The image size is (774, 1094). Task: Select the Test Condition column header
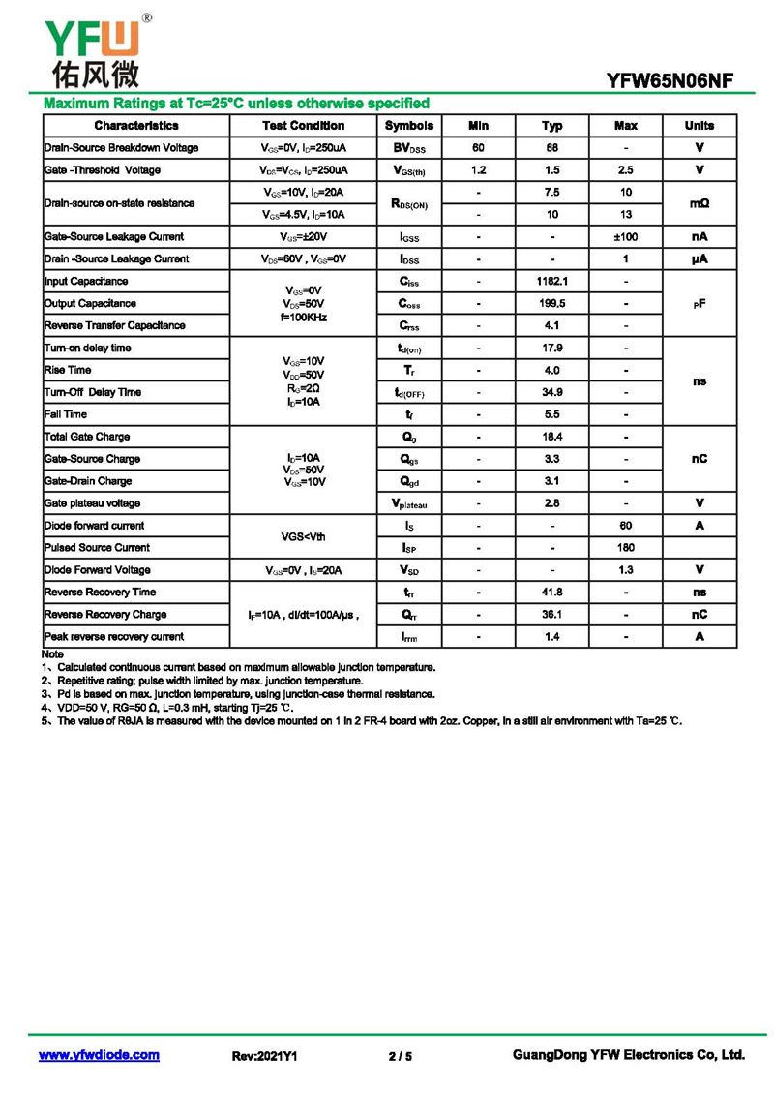click(303, 126)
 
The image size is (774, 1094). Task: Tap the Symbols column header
click(409, 126)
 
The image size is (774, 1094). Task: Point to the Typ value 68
click(552, 148)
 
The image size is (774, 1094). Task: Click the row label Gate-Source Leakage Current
click(113, 237)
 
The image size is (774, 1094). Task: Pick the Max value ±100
click(626, 237)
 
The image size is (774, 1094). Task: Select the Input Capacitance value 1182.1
click(552, 282)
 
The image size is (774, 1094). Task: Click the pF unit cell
click(700, 304)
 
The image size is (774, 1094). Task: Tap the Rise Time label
click(68, 370)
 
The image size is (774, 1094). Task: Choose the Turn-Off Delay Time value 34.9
click(552, 392)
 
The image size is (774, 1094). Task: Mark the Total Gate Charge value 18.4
click(552, 437)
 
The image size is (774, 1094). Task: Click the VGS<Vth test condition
click(303, 536)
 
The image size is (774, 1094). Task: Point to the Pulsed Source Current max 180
click(626, 548)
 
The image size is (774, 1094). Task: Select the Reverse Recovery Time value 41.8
click(552, 593)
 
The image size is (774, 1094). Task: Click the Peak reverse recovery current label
click(114, 637)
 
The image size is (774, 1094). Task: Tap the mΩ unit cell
click(700, 203)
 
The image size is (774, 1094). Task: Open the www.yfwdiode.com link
click(99, 1055)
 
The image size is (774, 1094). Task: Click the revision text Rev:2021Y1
click(264, 1056)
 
